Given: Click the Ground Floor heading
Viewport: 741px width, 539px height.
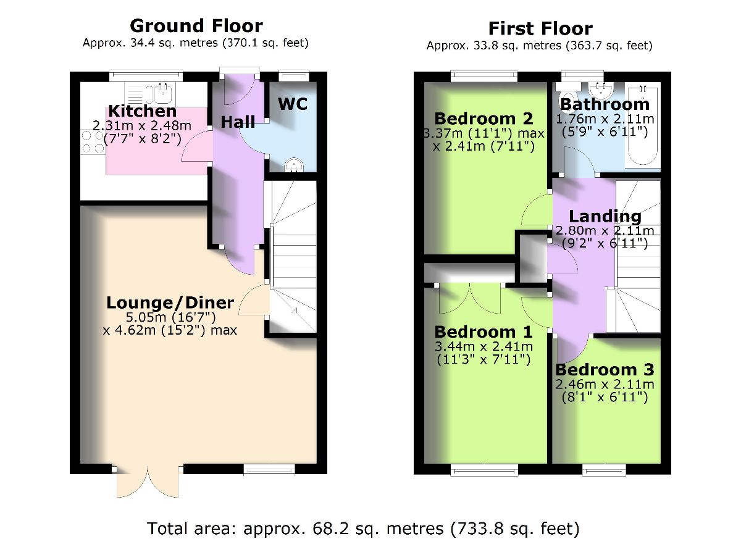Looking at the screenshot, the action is [196, 26].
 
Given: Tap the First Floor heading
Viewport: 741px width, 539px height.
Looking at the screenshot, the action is [540, 28].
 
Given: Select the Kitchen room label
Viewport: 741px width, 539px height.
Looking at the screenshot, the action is [142, 111].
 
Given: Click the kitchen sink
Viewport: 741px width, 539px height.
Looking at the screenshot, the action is [162, 93].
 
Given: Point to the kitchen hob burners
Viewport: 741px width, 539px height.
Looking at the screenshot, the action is [93, 141].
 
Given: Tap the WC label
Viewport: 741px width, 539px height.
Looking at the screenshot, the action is [293, 104].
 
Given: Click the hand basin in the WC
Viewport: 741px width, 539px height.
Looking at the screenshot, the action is [294, 165].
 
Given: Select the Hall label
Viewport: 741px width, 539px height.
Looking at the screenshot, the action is [238, 122].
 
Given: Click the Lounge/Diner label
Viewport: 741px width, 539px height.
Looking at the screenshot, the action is [170, 303].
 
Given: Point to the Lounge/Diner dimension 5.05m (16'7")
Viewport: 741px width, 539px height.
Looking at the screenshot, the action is [170, 317].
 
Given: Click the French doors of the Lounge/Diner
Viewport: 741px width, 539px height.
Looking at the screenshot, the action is [148, 481].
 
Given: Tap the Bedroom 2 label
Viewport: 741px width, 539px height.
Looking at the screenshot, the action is [484, 119].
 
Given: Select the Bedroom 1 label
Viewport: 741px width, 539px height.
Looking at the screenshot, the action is [484, 332].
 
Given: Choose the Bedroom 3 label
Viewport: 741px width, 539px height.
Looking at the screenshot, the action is [605, 370].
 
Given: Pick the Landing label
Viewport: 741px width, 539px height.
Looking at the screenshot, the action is [605, 217].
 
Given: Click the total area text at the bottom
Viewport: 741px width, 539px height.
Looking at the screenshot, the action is [363, 529].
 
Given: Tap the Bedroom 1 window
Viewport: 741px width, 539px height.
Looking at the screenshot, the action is [484, 470].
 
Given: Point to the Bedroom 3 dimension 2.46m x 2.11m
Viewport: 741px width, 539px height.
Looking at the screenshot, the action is [605, 384].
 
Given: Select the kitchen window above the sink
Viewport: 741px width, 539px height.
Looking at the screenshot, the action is [146, 76].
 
